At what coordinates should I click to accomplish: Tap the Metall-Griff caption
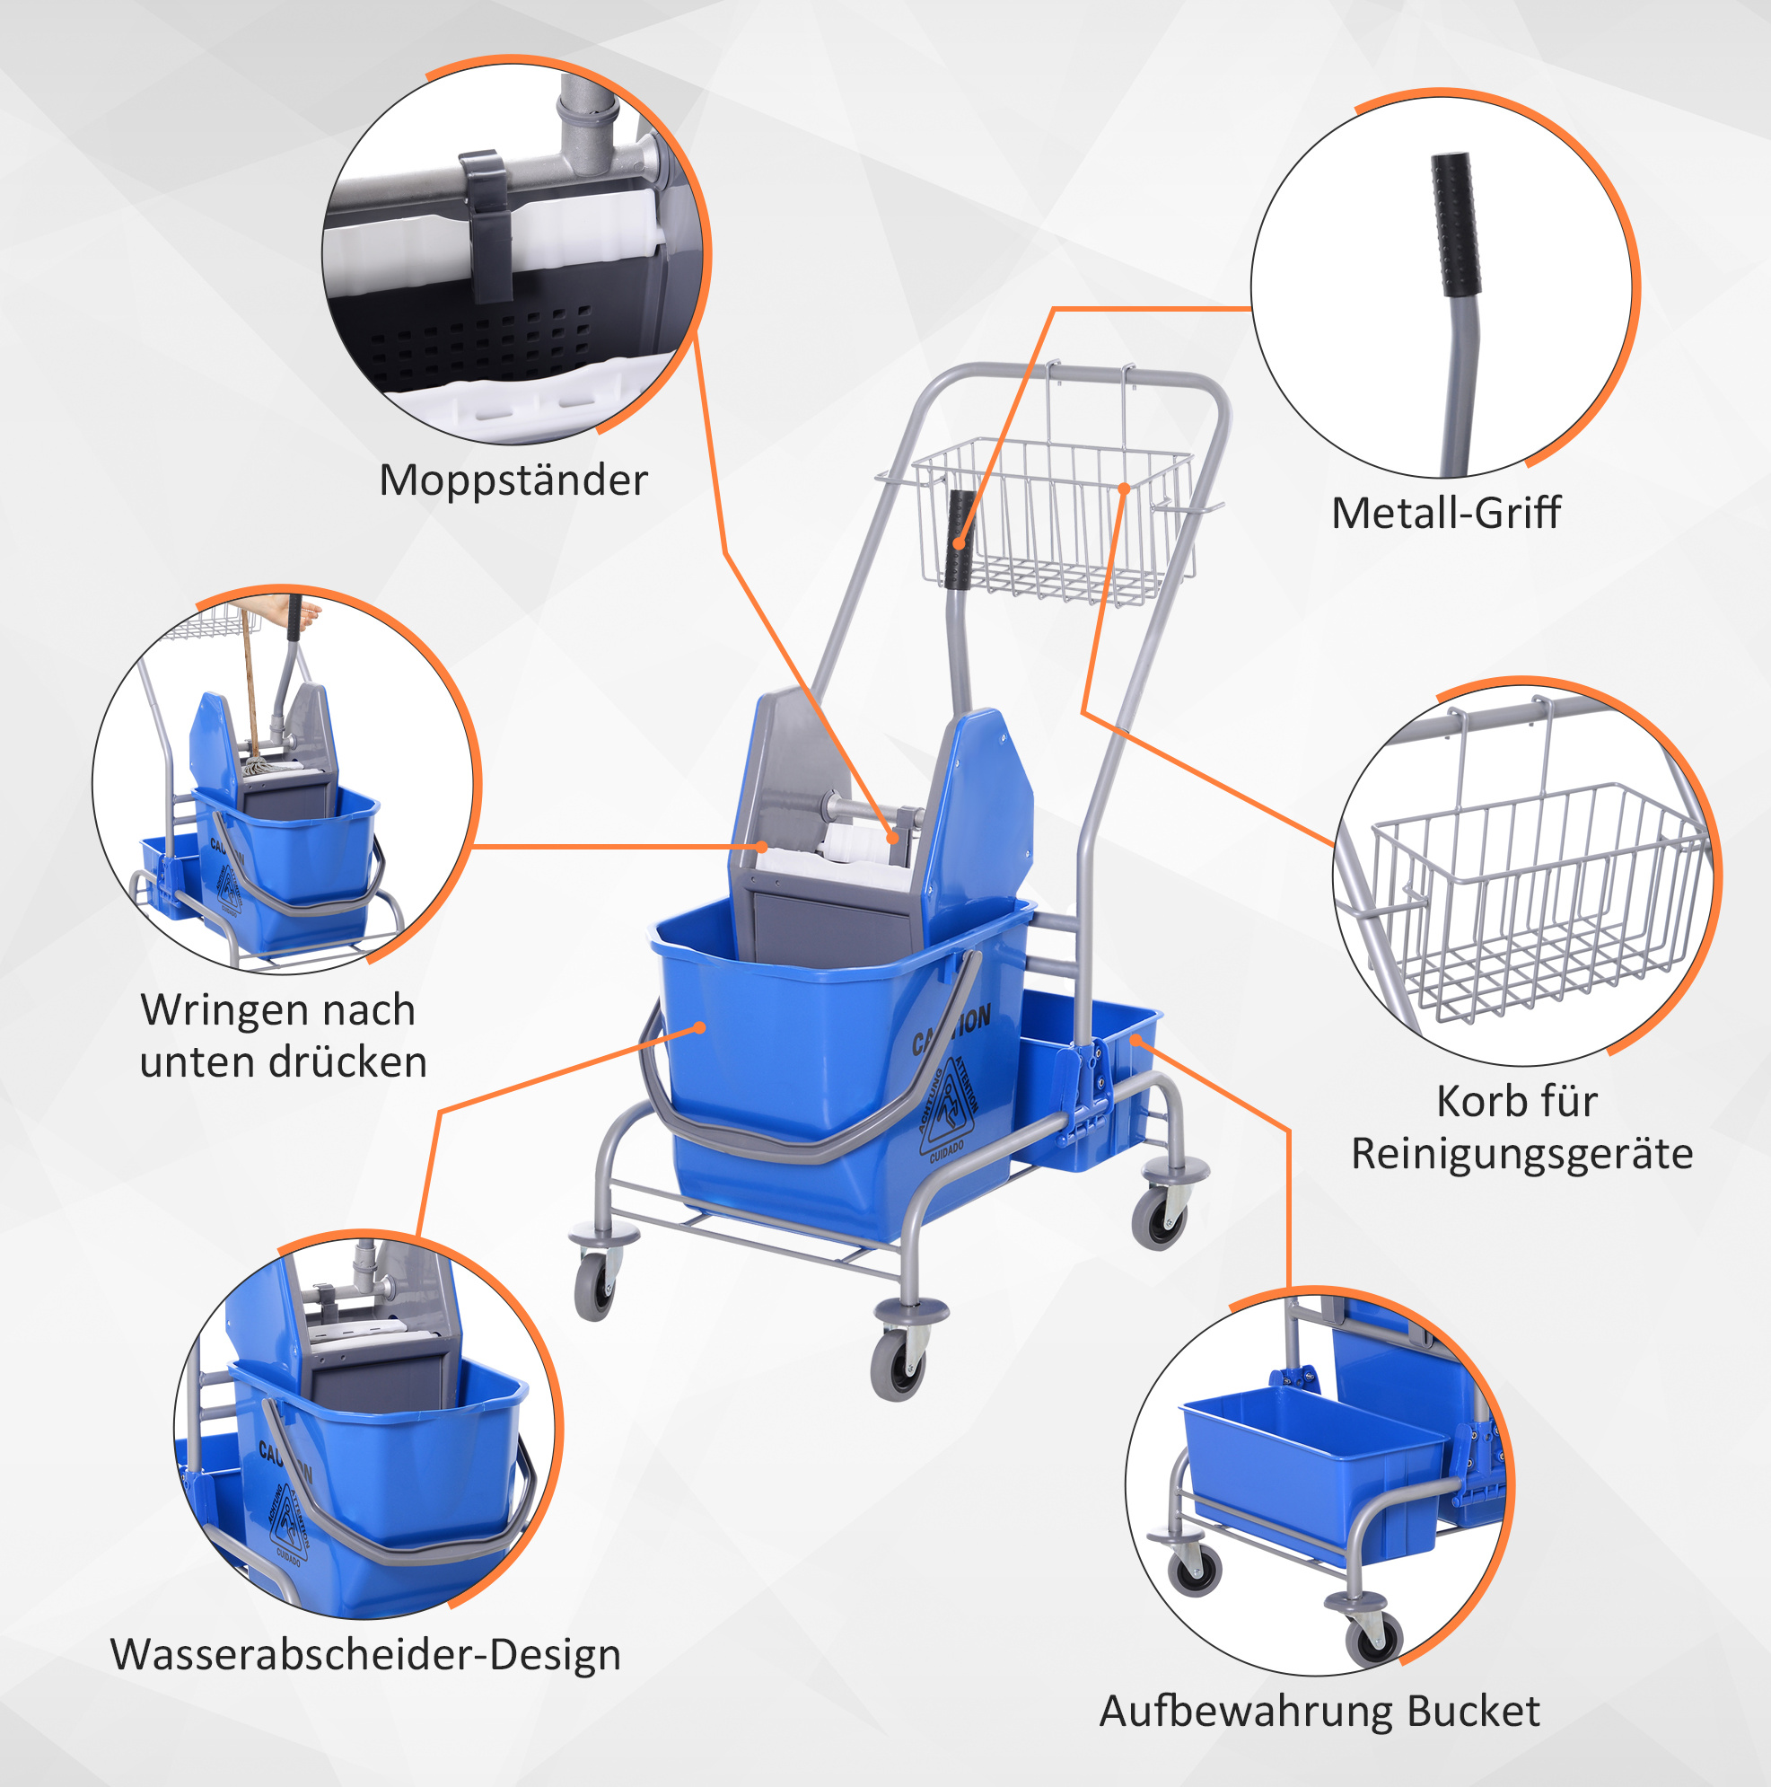(x=1445, y=514)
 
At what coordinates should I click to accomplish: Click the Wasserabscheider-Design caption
(x=365, y=1655)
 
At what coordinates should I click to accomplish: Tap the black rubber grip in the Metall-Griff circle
(x=1456, y=224)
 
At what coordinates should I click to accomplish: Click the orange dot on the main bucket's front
(x=700, y=1027)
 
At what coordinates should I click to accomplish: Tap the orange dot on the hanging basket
(x=1124, y=488)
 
